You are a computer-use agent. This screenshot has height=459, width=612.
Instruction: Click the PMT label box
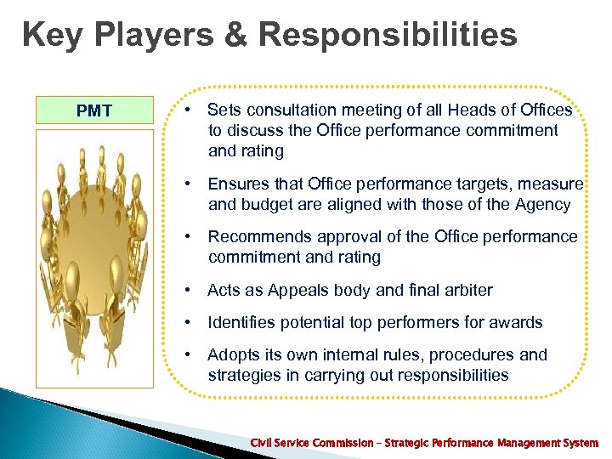point(94,111)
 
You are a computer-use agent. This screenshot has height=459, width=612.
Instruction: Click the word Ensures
point(241,184)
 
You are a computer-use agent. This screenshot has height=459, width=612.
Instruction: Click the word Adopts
point(232,354)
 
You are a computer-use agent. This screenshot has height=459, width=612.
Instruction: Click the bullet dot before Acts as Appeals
point(188,290)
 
